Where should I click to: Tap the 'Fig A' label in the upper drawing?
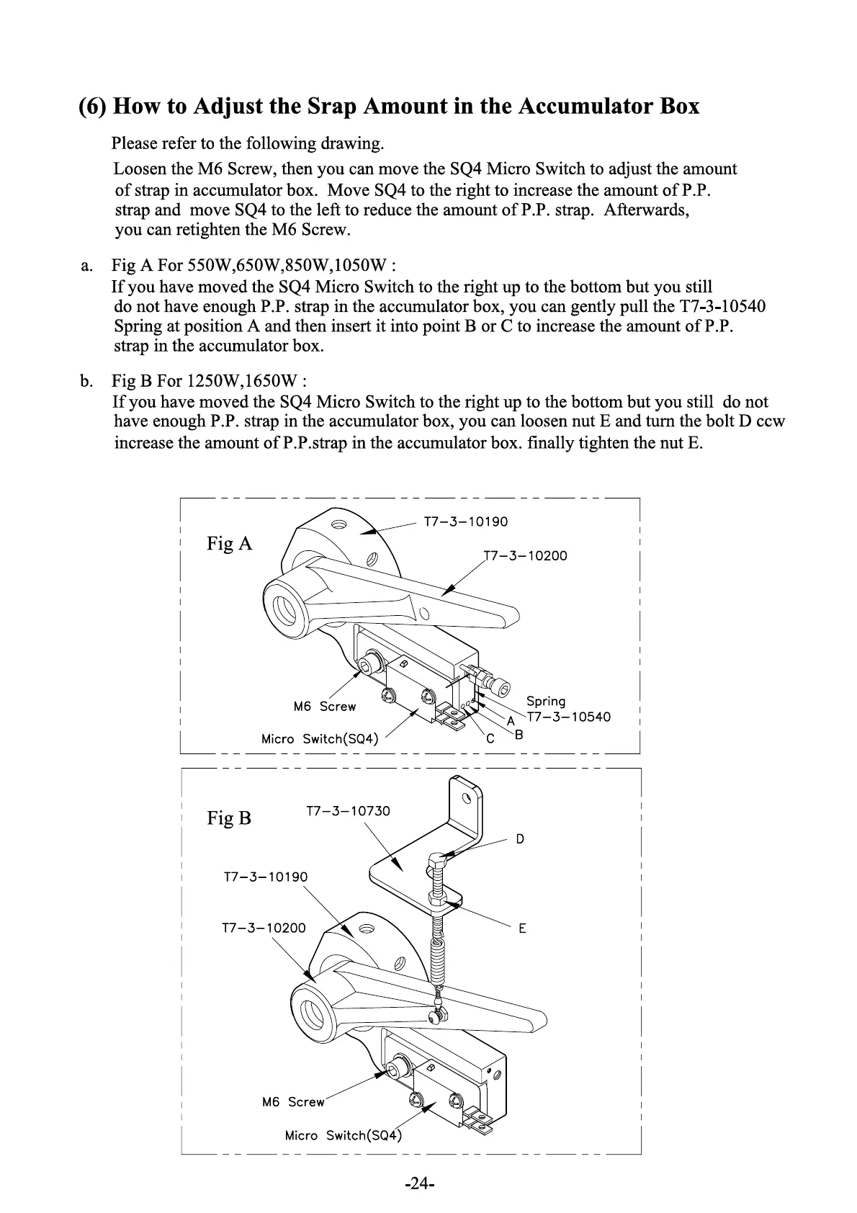pos(230,543)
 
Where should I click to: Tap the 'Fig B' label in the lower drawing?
pos(229,818)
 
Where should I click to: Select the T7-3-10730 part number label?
pos(348,811)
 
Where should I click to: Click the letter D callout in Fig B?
pos(520,839)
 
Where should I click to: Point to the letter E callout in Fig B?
pos(522,928)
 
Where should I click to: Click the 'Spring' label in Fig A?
pos(546,701)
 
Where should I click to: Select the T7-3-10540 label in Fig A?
pos(569,717)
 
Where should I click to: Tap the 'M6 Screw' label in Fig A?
pos(325,707)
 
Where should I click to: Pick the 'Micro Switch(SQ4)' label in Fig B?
pos(342,1136)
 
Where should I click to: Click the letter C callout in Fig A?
pos(490,739)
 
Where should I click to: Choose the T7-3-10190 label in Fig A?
pos(466,522)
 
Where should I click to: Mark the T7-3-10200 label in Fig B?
pos(264,928)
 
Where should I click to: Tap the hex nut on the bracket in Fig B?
pos(436,898)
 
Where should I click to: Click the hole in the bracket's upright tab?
pos(466,797)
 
